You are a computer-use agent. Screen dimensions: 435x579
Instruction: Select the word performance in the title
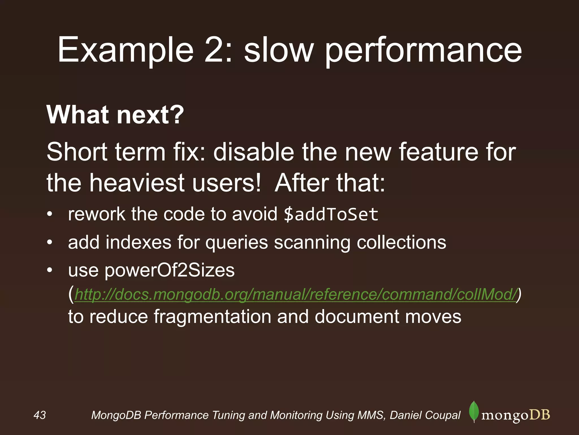point(423,50)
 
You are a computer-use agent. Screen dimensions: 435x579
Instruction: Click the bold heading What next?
point(115,115)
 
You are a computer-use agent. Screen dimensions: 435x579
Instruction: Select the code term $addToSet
point(331,214)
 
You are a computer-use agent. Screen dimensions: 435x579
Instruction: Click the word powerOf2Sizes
point(170,270)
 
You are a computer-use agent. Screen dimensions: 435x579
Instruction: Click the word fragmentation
point(212,317)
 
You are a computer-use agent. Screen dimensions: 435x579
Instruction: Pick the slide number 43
point(40,415)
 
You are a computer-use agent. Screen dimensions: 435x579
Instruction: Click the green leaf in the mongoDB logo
point(474,412)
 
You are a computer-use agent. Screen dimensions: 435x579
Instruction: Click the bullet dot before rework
point(50,214)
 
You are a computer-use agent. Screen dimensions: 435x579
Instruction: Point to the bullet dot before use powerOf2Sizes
point(50,270)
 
